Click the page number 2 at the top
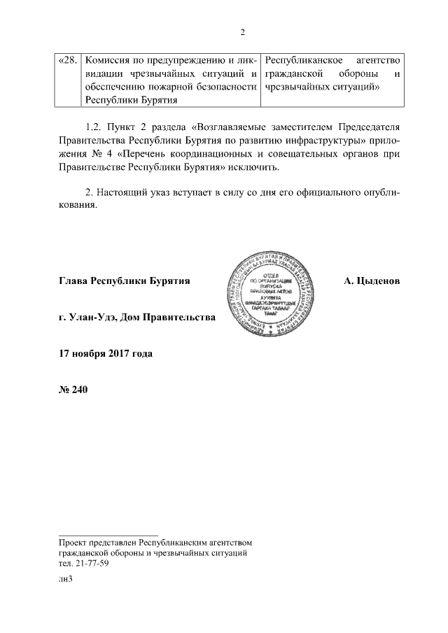pos(241,31)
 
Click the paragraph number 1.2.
pos(92,127)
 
